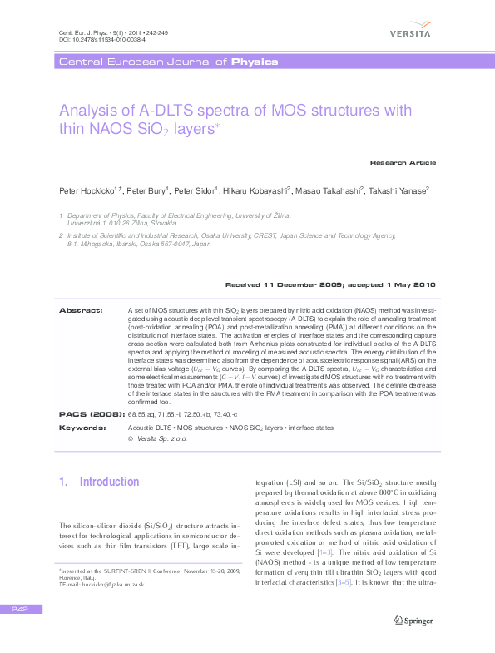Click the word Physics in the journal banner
255,62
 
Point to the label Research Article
403,162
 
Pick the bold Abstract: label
81,310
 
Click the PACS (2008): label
92,413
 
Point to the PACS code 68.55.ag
141,413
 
